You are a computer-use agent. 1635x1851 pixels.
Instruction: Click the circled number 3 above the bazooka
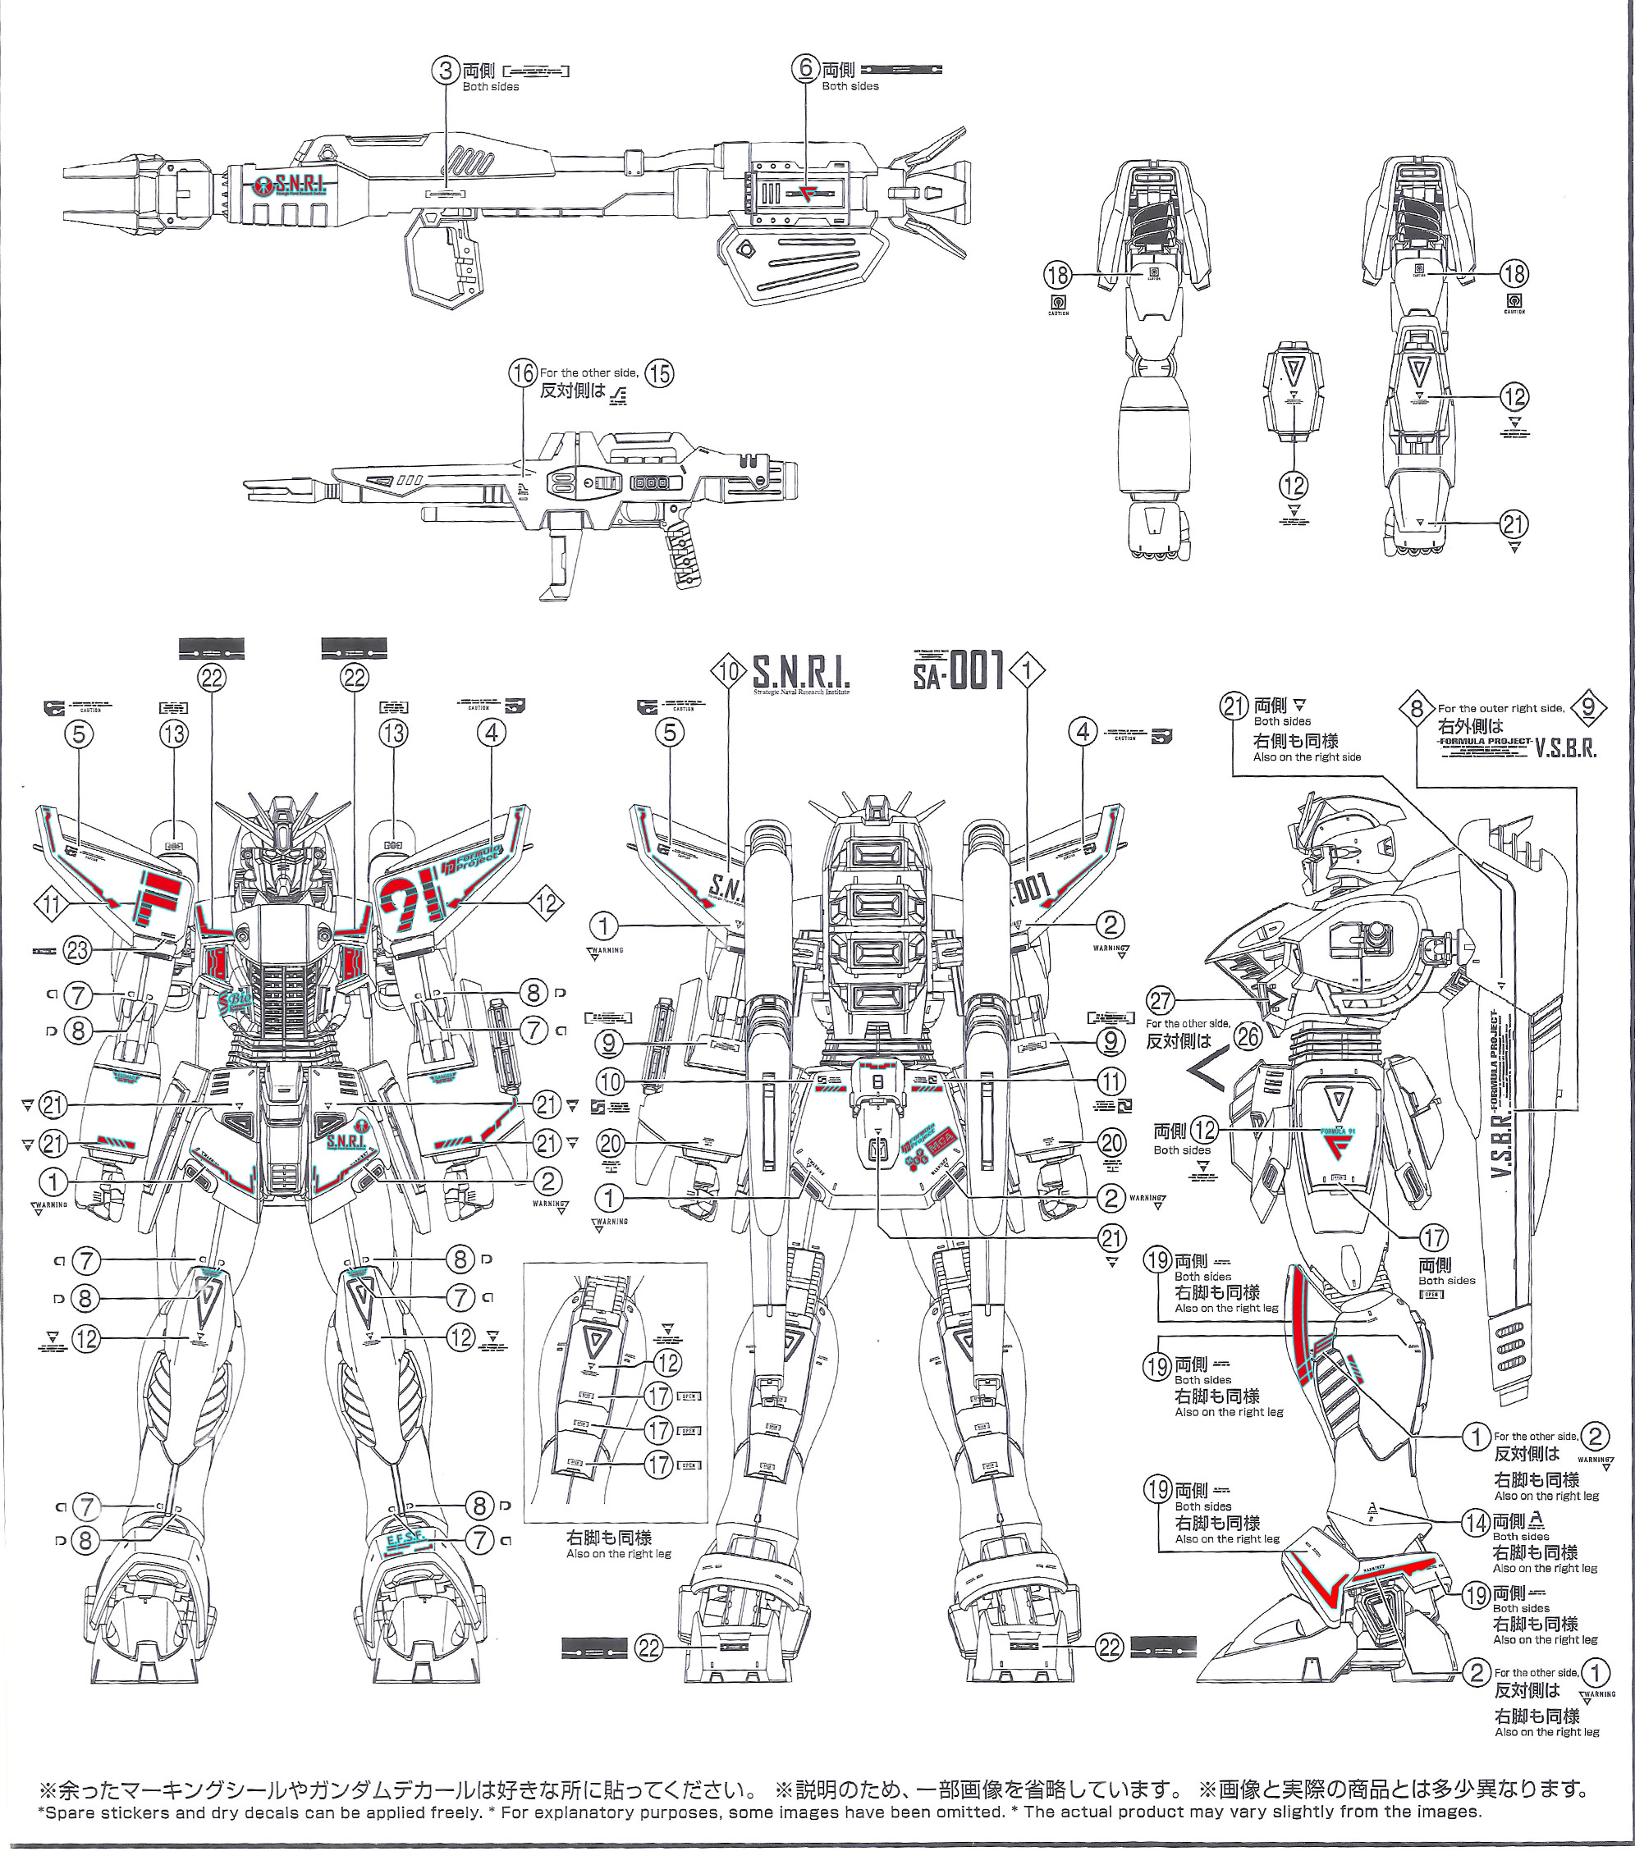[x=445, y=71]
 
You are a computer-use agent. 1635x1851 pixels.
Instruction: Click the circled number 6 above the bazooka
[x=805, y=69]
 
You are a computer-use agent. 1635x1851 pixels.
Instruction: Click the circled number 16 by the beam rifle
[x=523, y=374]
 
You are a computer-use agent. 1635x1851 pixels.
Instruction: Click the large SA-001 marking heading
[x=959, y=672]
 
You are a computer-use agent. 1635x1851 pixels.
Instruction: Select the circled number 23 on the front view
[x=78, y=950]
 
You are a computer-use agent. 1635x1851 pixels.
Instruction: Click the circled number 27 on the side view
[x=1161, y=1001]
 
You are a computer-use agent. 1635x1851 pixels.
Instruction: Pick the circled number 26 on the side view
[x=1248, y=1036]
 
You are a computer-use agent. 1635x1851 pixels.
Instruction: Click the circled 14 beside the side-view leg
[x=1477, y=1522]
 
